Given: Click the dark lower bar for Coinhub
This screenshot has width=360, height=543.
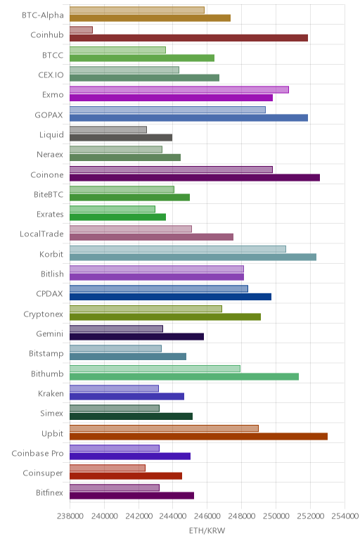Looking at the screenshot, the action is click(x=188, y=38).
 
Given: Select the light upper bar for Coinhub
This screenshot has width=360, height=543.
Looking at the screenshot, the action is click(x=81, y=30).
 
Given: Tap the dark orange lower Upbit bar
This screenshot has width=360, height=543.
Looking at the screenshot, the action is click(x=198, y=436).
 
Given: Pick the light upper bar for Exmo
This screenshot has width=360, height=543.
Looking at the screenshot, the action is click(x=179, y=90).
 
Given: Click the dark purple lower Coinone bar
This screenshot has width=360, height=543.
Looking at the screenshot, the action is click(x=195, y=178).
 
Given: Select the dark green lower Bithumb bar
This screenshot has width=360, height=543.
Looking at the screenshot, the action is click(x=184, y=377).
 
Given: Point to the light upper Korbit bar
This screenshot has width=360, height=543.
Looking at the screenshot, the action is click(x=178, y=249).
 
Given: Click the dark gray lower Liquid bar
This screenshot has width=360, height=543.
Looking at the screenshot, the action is click(x=121, y=138).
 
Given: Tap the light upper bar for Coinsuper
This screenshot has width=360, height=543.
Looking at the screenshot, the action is click(x=108, y=468).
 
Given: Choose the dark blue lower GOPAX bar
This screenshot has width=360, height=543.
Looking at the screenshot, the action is click(x=188, y=117).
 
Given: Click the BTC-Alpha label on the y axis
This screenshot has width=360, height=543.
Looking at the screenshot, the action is click(x=43, y=15).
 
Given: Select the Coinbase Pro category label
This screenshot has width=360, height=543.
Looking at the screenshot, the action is click(x=38, y=453).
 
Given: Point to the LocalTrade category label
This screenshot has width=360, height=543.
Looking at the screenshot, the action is click(x=42, y=234).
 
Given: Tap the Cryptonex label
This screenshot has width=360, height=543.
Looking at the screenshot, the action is click(x=44, y=314).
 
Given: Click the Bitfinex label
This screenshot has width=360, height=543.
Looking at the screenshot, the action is click(x=50, y=493).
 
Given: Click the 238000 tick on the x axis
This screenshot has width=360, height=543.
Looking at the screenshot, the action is click(x=70, y=516).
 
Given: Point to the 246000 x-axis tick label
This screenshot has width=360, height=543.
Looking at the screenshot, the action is click(x=207, y=516).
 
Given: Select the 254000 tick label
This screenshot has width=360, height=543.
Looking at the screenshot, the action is click(x=345, y=516).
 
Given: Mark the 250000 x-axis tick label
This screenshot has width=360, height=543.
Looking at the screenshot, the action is click(x=276, y=516).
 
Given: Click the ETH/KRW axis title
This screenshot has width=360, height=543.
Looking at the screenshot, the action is click(x=207, y=530).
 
